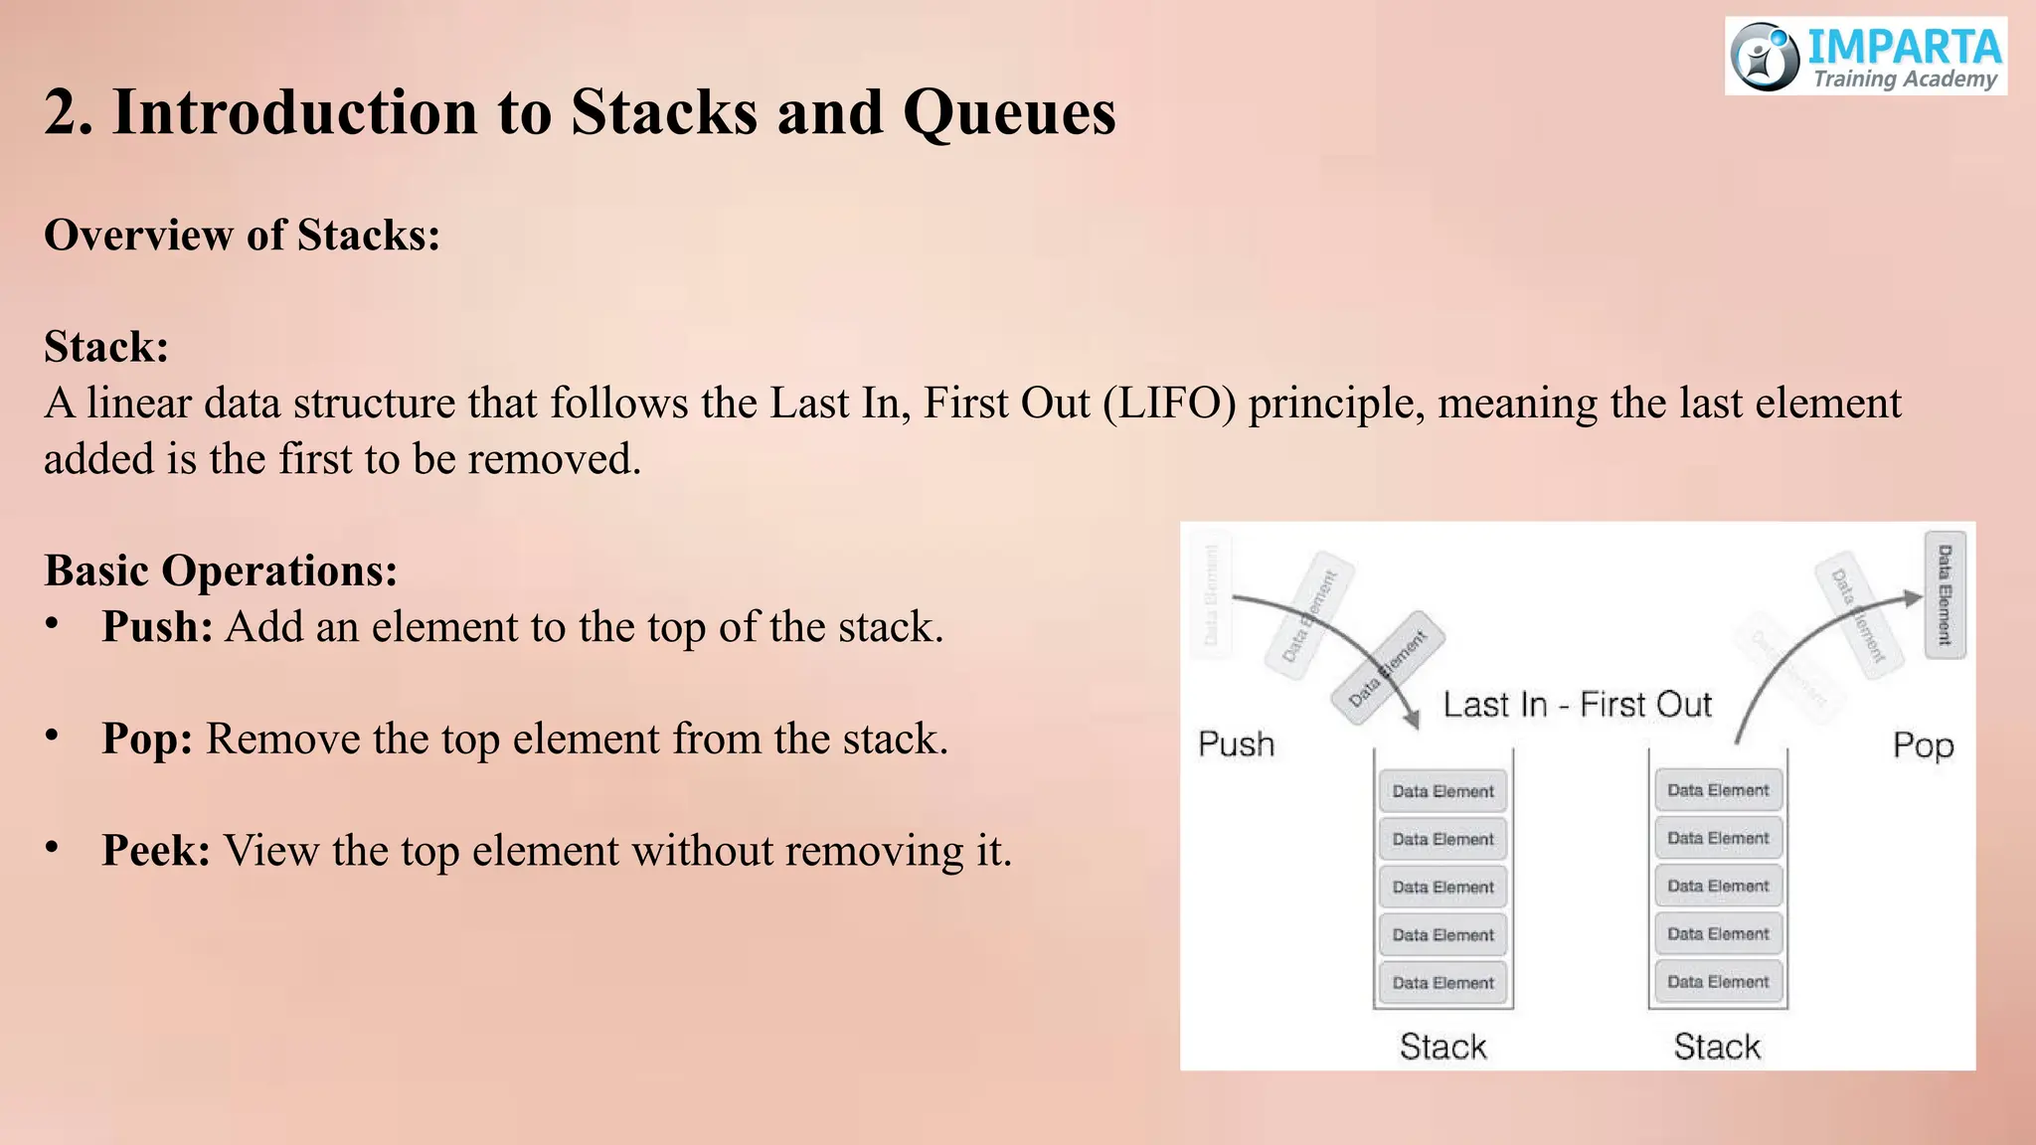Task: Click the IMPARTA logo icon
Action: (1765, 57)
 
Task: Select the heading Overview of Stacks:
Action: (242, 236)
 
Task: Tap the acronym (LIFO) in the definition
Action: (1169, 404)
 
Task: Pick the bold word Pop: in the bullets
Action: (147, 739)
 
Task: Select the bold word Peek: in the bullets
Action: (155, 852)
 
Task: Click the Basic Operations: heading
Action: (221, 571)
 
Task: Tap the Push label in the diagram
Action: (1236, 744)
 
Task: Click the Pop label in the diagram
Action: (1923, 745)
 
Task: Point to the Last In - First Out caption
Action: (1577, 705)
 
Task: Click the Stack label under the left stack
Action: (1442, 1047)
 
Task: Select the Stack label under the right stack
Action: (1717, 1047)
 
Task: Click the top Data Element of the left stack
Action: (1442, 791)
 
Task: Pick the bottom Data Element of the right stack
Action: (1718, 982)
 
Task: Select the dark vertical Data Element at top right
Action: (1945, 594)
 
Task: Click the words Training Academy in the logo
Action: (1904, 80)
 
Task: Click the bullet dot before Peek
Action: (53, 848)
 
